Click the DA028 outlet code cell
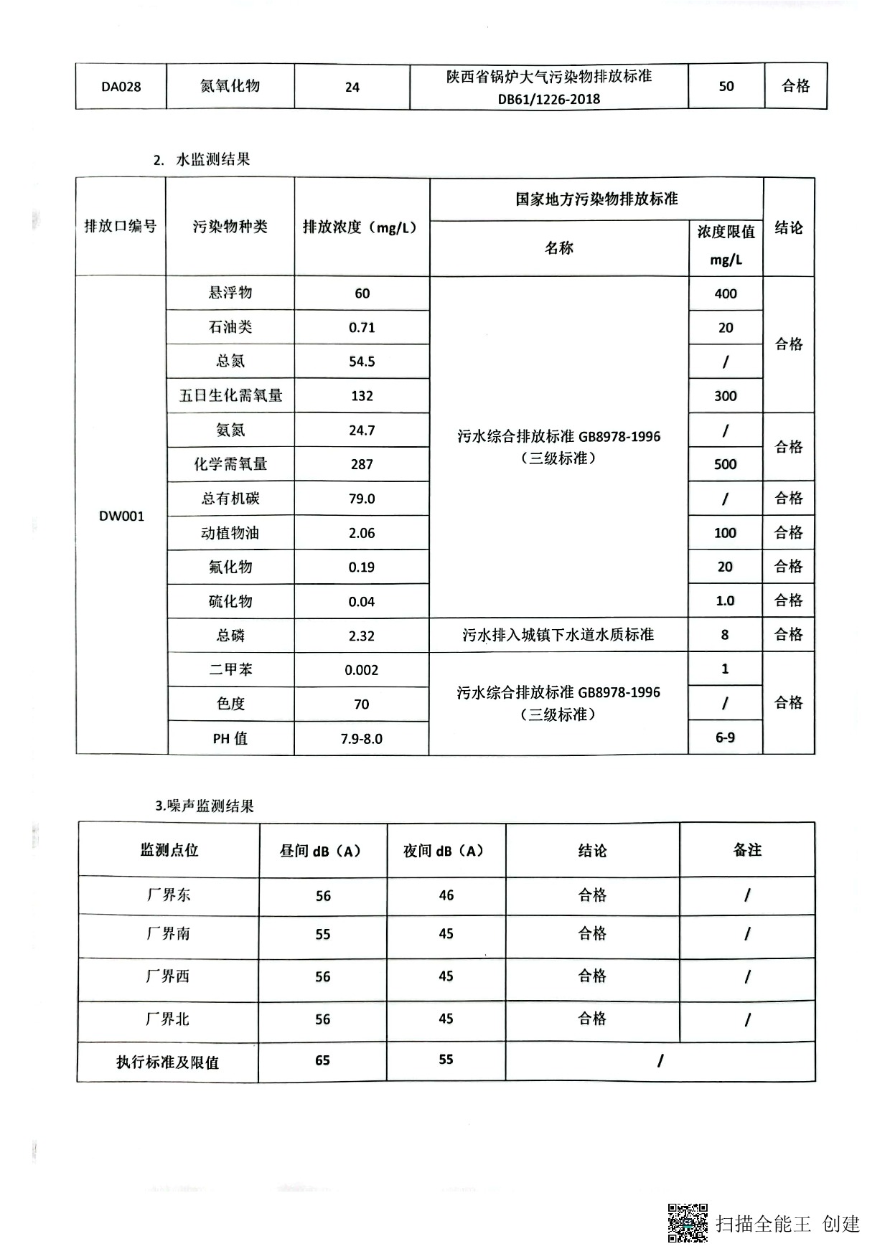(121, 87)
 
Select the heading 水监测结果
(212, 159)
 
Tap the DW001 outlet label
(121, 516)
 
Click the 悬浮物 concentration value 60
(362, 293)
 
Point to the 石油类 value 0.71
(362, 328)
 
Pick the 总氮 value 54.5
(362, 362)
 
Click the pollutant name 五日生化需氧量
(230, 396)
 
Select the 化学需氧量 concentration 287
(362, 464)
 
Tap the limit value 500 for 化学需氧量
(725, 464)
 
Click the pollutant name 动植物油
(230, 533)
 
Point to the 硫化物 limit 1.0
(725, 601)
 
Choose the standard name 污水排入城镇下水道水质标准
(558, 635)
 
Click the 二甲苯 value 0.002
(362, 670)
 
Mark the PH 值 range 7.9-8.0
(362, 739)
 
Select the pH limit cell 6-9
(725, 737)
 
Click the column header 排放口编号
(121, 227)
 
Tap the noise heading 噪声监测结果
(210, 806)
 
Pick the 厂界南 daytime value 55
(323, 934)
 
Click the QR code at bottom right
(688, 1222)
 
